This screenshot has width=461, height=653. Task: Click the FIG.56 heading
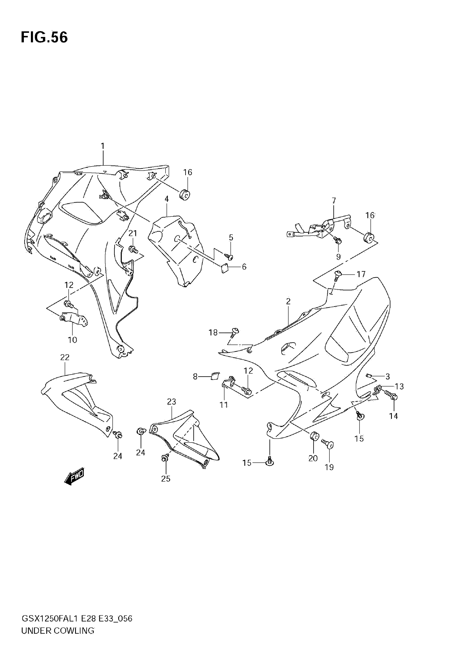44,37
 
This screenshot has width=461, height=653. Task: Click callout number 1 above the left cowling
103,146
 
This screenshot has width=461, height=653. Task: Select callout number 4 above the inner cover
167,199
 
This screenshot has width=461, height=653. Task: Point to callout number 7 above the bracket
334,201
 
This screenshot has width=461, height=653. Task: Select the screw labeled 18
235,332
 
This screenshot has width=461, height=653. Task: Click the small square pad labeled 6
225,268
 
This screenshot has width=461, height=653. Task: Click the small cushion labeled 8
215,376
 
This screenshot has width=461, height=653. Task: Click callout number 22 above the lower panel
65,357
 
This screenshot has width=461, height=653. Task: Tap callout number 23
171,402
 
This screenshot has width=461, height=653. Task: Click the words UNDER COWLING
58,639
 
